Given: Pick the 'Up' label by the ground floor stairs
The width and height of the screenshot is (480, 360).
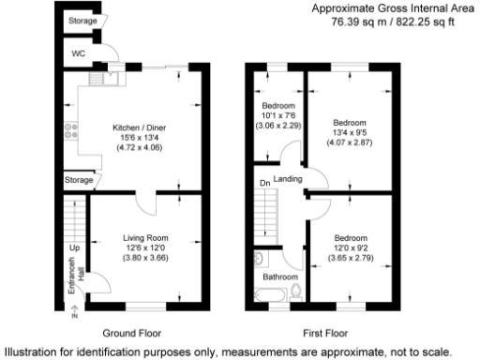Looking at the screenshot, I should [x=72, y=248].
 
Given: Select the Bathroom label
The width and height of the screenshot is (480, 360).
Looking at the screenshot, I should [x=279, y=277].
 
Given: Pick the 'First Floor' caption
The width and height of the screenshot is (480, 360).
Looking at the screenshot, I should [x=322, y=332].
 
